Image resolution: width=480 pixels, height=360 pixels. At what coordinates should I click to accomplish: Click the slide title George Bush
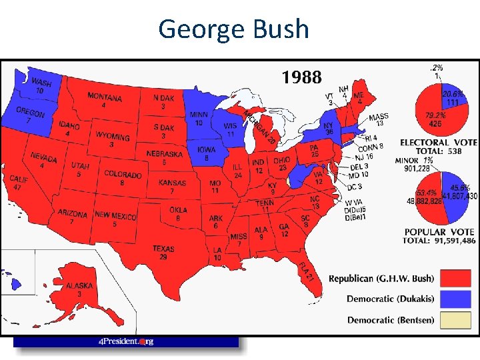click(234, 29)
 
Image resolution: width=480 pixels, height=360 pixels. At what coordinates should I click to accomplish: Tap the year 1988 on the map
click(301, 78)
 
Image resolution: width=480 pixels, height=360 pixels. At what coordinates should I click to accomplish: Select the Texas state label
click(163, 252)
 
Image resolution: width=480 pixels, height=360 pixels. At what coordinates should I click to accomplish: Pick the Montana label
click(104, 101)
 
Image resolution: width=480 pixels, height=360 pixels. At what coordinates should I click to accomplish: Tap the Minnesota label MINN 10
click(198, 118)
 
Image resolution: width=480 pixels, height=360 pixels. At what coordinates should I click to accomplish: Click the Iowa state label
click(207, 153)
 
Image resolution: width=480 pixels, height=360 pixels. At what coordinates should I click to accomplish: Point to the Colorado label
click(123, 178)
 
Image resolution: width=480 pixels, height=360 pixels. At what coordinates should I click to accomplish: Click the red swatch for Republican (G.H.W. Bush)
click(458, 278)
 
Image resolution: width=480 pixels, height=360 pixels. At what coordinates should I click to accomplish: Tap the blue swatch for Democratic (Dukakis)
click(458, 299)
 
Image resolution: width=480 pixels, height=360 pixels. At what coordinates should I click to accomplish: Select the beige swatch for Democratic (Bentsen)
click(458, 319)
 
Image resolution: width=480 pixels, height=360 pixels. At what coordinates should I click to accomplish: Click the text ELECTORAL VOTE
click(437, 142)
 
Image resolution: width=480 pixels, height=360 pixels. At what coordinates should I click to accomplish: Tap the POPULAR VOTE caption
click(439, 231)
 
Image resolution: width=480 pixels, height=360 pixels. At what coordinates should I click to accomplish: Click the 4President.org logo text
click(126, 341)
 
